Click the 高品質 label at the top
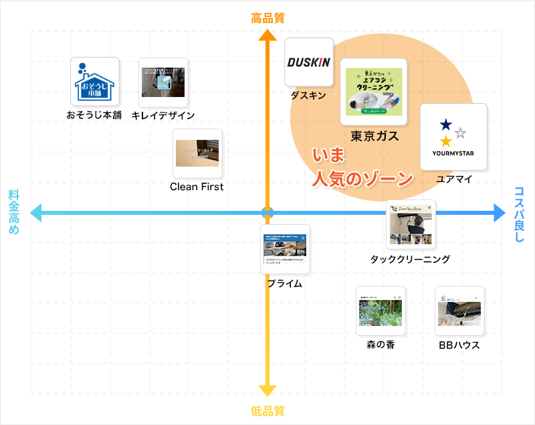(267, 18)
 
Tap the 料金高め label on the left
(14, 212)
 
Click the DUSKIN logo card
(308, 62)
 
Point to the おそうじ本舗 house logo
(95, 82)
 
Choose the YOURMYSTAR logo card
(453, 137)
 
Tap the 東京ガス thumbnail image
(373, 92)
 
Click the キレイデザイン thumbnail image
(163, 82)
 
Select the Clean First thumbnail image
(197, 153)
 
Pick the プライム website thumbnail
(285, 249)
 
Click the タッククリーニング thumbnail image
(411, 225)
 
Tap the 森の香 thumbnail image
(381, 311)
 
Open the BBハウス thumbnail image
(459, 311)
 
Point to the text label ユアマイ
(454, 179)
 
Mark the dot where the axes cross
(267, 214)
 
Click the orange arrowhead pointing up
(267, 34)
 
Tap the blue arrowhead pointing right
(498, 214)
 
